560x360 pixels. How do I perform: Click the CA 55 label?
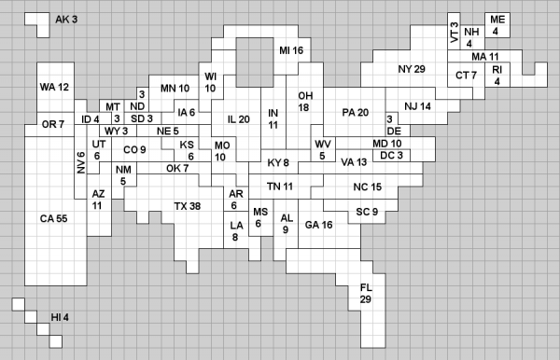(53, 218)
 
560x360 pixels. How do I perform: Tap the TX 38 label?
(188, 206)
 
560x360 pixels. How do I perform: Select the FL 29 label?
(366, 293)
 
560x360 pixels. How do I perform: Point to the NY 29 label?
(412, 69)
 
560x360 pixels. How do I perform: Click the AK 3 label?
(66, 20)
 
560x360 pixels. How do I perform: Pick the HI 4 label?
(60, 317)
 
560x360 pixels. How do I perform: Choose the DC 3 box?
(391, 156)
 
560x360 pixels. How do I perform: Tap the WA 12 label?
(54, 87)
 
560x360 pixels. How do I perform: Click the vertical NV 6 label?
(81, 162)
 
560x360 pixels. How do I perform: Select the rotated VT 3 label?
(454, 32)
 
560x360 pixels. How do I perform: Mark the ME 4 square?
(497, 25)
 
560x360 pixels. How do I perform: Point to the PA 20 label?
(355, 113)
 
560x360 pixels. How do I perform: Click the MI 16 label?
(291, 50)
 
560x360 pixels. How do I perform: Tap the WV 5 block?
(323, 149)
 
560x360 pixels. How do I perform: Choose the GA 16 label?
(318, 225)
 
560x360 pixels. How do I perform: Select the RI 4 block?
(497, 75)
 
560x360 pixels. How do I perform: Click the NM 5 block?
(123, 174)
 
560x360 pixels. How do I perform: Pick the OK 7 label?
(177, 168)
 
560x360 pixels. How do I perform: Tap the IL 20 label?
(239, 119)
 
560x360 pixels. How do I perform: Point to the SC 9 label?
(367, 212)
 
